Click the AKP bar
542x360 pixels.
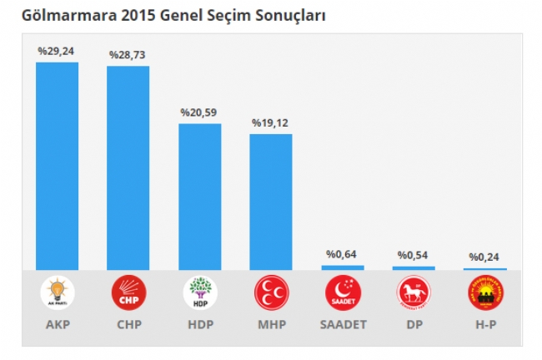coord(57,166)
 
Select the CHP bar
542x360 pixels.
coord(128,167)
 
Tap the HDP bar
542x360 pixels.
coord(200,197)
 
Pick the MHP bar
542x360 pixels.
coord(271,202)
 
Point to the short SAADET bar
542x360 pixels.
coord(343,267)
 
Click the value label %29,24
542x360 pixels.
coord(57,52)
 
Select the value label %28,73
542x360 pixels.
coord(128,55)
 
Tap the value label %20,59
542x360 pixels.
coord(200,112)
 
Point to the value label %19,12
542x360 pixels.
coord(271,122)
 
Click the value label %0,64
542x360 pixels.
coord(343,254)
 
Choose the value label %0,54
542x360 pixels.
coord(414,255)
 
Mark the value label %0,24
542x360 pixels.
coord(485,257)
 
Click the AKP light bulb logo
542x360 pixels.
coord(58,292)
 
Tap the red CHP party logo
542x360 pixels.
coord(128,292)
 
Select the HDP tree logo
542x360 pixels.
coord(200,292)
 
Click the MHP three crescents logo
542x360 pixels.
coord(271,292)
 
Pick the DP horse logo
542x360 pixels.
coord(414,292)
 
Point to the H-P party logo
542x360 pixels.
coord(485,292)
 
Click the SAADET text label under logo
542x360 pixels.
coord(343,322)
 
